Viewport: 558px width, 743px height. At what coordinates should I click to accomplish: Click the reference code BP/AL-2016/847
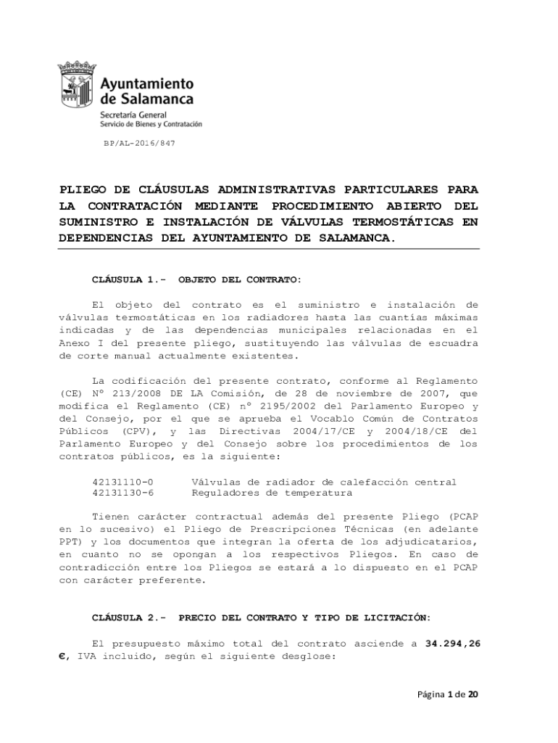[139, 144]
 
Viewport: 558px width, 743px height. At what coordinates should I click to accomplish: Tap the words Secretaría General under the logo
[133, 115]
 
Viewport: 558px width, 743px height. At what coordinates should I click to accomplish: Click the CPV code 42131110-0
[122, 482]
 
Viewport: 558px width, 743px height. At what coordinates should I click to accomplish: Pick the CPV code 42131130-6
[122, 493]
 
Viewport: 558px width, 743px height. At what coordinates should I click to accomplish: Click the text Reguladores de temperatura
[272, 493]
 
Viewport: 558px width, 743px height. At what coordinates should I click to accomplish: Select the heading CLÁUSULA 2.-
[129, 617]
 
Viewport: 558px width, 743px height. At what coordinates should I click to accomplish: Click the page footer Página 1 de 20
[447, 694]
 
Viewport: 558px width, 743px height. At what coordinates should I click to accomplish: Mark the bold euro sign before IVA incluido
[62, 656]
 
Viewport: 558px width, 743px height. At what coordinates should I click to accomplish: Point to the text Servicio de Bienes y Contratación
[151, 124]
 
